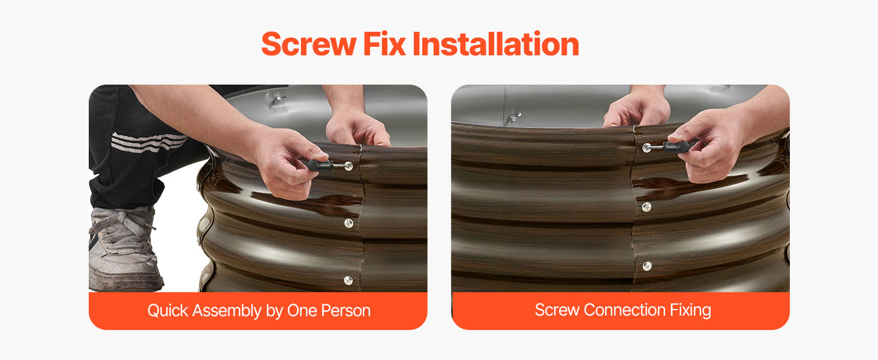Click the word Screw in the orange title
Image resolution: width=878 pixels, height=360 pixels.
[308, 44]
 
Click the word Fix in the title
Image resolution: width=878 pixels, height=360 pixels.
[384, 44]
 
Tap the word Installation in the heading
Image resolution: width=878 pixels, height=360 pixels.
[496, 44]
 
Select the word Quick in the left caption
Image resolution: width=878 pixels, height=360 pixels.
[168, 311]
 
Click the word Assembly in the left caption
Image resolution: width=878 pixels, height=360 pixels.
[227, 311]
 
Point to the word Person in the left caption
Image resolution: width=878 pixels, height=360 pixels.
[345, 311]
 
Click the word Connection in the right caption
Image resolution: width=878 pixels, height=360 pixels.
[624, 310]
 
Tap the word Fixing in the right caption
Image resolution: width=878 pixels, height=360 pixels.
[690, 311]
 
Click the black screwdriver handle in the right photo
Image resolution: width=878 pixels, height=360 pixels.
[676, 146]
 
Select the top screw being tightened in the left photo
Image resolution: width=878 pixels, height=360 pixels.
[348, 166]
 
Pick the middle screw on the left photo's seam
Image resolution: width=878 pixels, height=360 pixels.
[348, 223]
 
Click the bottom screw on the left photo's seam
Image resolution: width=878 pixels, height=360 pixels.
[348, 280]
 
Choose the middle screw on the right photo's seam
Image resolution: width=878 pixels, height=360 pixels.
[647, 206]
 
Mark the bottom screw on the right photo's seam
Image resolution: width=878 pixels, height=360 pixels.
[647, 266]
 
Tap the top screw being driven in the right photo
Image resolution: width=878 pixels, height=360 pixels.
[647, 148]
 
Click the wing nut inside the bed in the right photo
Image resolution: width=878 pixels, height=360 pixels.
[513, 118]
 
